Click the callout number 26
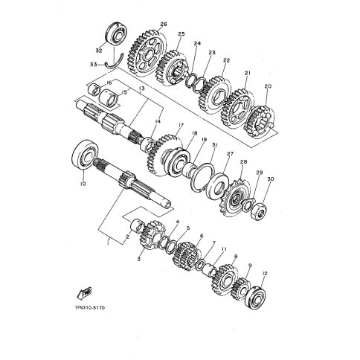pos(164,24)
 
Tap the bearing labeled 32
pos(117,34)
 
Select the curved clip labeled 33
pos(115,62)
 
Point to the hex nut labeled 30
pos(258,211)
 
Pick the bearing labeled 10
pos(85,155)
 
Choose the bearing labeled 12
pos(255,298)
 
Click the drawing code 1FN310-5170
pos(89,308)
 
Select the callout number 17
pos(181,126)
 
